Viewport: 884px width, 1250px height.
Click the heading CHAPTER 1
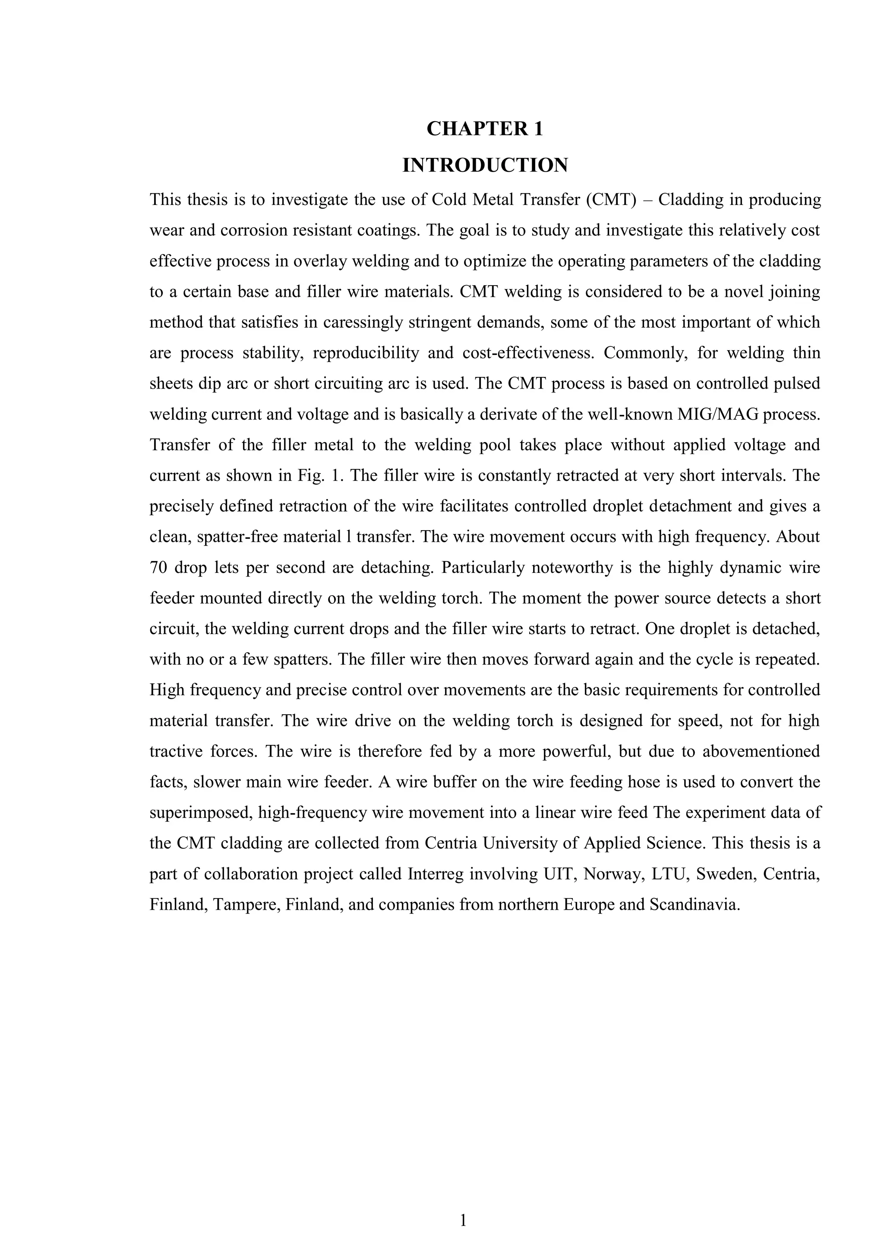click(485, 129)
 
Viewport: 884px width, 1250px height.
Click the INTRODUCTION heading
click(485, 165)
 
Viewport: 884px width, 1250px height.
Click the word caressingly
click(362, 322)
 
